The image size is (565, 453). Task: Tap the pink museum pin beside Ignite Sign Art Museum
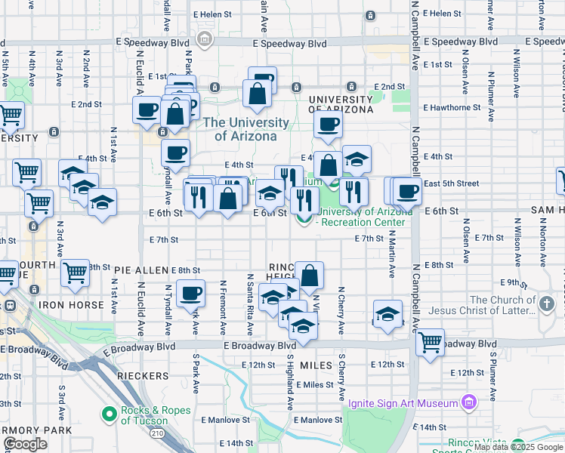coord(469,401)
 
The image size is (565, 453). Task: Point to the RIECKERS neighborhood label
coord(143,375)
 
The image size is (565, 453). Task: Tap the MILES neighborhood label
coord(316,365)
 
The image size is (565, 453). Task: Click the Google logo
coord(25,445)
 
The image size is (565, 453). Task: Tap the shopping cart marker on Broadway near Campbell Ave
coord(431,341)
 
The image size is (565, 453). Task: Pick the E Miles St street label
coord(315,384)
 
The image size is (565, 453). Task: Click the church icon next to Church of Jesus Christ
coord(547,304)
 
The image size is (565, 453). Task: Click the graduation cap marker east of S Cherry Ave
coord(387,313)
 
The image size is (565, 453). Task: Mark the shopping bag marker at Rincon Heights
coord(310,274)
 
